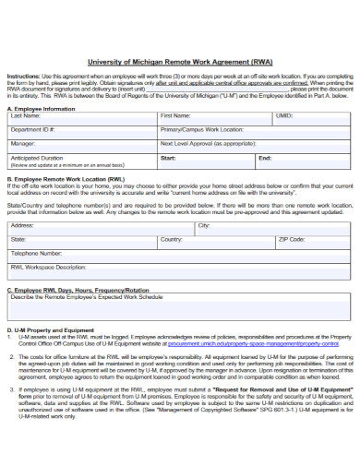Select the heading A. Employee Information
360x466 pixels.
click(x=41, y=108)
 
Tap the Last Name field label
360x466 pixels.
click(x=25, y=117)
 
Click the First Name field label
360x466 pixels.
click(x=175, y=117)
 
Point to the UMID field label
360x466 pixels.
click(x=284, y=117)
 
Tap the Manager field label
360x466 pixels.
click(x=23, y=144)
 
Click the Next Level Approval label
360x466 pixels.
click(x=208, y=144)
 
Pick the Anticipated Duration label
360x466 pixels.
click(x=38, y=157)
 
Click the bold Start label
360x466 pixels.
click(x=168, y=158)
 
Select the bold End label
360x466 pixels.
click(x=265, y=158)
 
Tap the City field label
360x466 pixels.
click(x=204, y=224)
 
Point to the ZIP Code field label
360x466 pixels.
click(x=292, y=238)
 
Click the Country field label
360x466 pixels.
click(x=171, y=238)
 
